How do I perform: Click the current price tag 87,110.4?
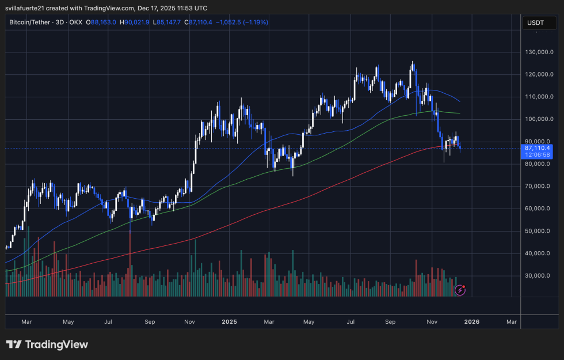click(x=536, y=148)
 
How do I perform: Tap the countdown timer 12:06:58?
click(x=536, y=155)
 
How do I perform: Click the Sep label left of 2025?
click(x=150, y=322)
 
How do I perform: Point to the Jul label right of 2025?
click(x=351, y=322)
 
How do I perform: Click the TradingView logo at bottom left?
click(x=47, y=344)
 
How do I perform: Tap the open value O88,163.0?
click(x=102, y=22)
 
